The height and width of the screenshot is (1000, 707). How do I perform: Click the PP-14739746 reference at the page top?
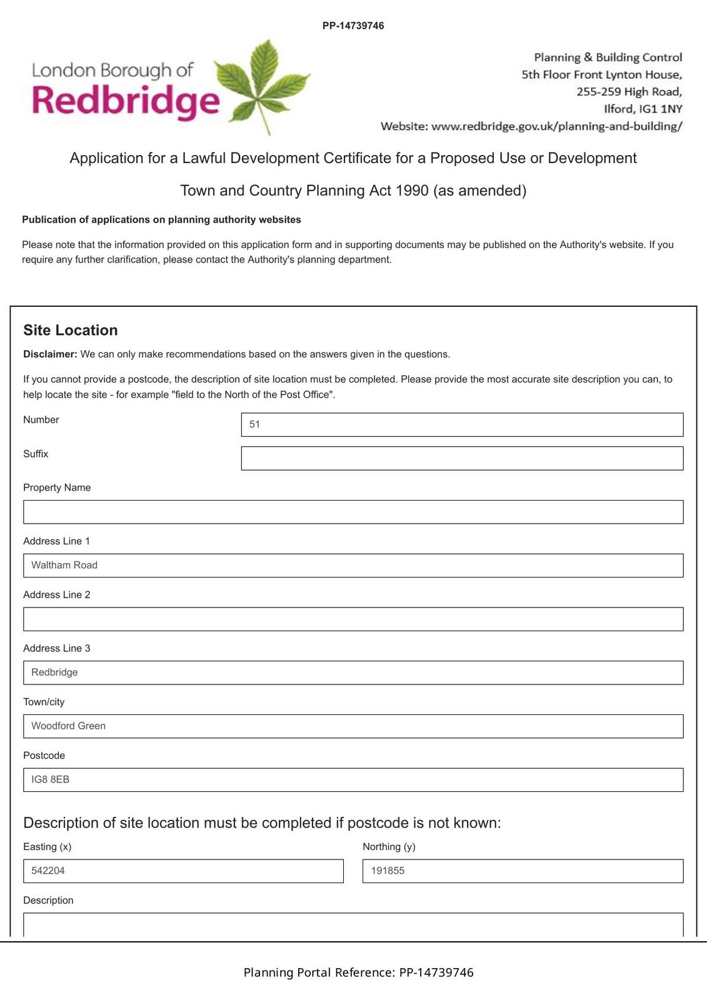pos(353,26)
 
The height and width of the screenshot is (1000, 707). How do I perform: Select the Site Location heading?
pos(71,330)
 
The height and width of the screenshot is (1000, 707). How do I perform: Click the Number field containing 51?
pos(462,424)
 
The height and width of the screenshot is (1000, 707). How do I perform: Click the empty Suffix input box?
pos(462,458)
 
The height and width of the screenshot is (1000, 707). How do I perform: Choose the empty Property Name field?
pos(353,512)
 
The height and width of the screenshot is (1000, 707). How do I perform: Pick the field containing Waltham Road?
pos(353,566)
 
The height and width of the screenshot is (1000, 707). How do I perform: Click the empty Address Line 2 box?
pos(353,619)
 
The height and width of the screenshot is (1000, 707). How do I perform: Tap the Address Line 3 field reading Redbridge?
pos(353,672)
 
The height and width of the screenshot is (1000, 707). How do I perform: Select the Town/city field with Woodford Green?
pos(353,726)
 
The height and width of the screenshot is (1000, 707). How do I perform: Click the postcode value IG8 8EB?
pos(51,779)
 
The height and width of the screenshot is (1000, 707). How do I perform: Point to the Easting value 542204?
pos(48,871)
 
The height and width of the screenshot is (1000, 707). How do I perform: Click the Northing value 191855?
pos(388,871)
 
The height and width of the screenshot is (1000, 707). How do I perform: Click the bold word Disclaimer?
pos(50,354)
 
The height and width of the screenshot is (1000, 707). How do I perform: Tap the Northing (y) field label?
pos(389,847)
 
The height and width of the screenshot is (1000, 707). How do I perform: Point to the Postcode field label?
pos(44,756)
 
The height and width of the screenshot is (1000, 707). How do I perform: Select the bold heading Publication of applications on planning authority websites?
pos(161,219)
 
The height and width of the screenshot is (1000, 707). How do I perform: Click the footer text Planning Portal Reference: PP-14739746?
pos(358,972)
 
